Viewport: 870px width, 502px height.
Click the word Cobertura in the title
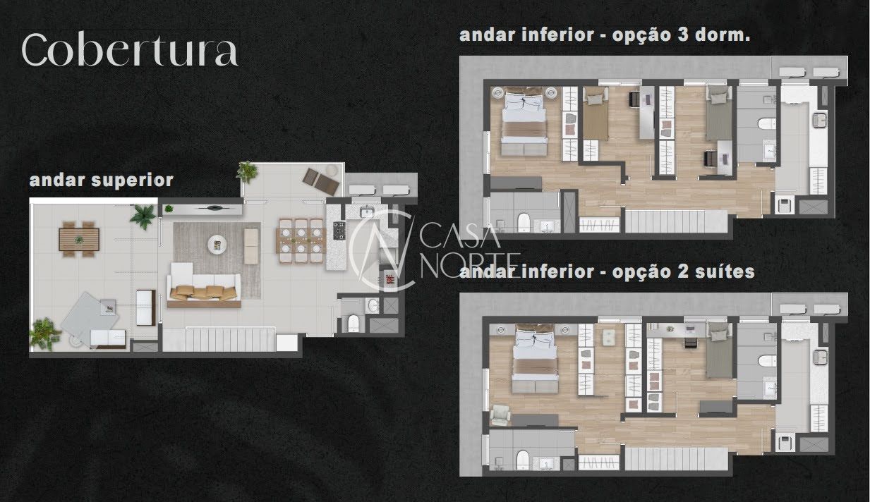click(x=129, y=51)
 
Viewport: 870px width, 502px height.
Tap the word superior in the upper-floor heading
click(x=133, y=180)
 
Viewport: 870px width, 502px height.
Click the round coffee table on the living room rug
click(x=217, y=245)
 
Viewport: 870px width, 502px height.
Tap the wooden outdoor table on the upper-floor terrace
click(x=78, y=237)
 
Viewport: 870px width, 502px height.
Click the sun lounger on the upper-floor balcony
click(x=322, y=180)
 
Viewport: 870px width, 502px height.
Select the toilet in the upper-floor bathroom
click(x=354, y=323)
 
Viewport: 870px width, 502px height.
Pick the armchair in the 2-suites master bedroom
click(x=500, y=415)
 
